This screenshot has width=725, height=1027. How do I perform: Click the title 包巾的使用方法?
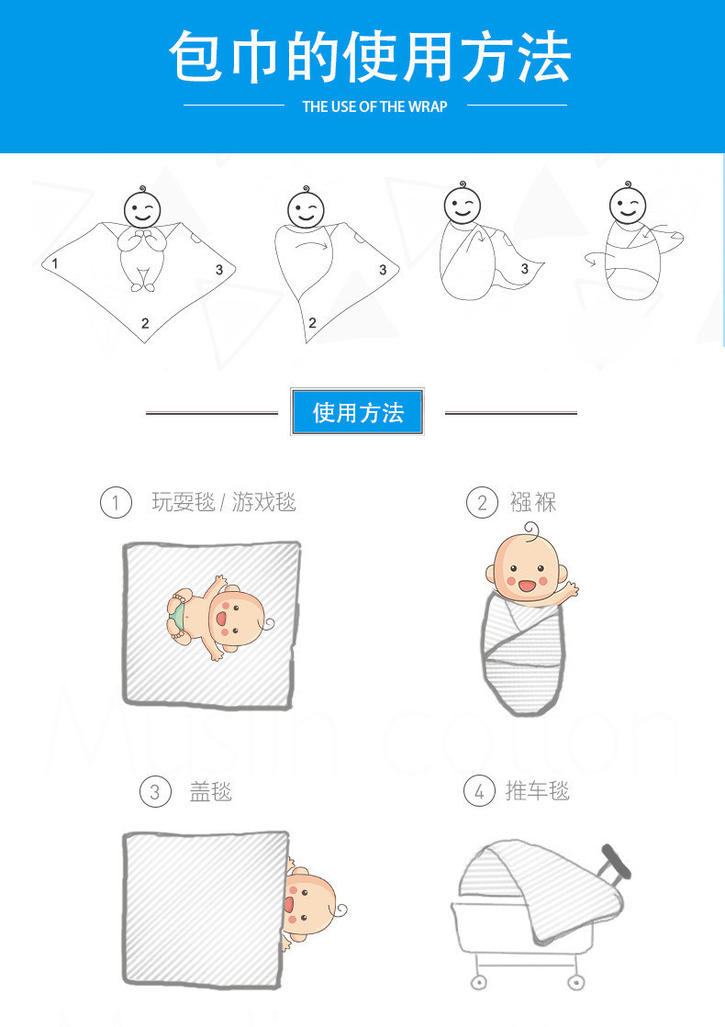click(370, 57)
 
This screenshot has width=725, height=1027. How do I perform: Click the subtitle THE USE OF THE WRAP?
click(374, 106)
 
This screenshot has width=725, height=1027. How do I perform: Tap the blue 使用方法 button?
click(358, 412)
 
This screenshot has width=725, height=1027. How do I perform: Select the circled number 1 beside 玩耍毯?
click(116, 503)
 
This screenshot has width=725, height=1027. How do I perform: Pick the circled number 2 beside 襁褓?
click(482, 503)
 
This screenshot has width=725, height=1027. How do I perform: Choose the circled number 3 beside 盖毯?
click(155, 792)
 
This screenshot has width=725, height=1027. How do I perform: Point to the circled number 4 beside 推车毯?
click(479, 791)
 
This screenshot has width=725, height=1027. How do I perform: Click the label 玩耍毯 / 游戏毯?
click(224, 502)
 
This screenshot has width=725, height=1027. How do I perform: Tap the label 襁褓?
click(533, 502)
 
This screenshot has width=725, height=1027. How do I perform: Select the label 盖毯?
click(211, 792)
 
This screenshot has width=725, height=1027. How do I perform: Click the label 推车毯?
click(538, 791)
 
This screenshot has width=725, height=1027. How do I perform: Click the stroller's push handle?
click(617, 861)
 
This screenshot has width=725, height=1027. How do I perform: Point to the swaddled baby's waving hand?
click(570, 590)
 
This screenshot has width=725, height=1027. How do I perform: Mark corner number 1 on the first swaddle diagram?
click(55, 263)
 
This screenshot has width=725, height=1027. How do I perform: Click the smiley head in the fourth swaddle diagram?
click(628, 205)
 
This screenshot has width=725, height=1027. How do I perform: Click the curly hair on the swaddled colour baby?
click(531, 530)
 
